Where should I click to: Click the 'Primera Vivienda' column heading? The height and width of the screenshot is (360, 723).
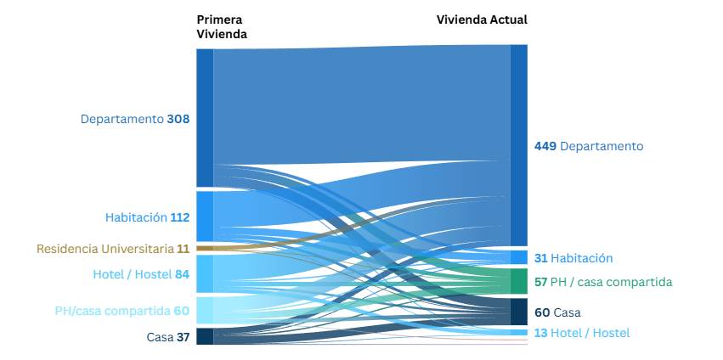coord(222,26)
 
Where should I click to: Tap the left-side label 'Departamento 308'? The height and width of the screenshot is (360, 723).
coord(135,119)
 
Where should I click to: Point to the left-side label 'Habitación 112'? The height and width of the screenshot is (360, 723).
coord(147,217)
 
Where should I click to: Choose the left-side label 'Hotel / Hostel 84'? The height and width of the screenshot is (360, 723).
coord(141,274)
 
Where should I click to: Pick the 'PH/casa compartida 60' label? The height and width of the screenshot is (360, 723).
coord(121,311)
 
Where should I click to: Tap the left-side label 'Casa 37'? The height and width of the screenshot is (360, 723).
coord(168,337)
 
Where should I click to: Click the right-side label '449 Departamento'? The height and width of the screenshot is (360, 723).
coord(589,146)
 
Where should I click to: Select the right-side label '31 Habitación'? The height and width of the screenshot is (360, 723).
coord(573,258)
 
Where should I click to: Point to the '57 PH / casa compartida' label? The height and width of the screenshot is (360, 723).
coord(603,282)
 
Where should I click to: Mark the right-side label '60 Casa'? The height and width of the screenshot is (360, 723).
coord(557,312)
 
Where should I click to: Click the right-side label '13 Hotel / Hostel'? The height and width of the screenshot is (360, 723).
coord(582,333)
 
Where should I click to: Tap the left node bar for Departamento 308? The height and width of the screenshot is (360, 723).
coord(205,118)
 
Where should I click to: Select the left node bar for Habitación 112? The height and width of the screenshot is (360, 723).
coord(205,217)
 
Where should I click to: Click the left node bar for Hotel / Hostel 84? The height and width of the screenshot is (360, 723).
coord(205,273)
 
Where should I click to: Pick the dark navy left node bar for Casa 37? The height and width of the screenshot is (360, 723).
coord(205,336)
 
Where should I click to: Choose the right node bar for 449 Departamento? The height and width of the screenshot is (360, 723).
coord(518,145)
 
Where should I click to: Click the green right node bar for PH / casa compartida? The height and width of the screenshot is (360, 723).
coord(518,281)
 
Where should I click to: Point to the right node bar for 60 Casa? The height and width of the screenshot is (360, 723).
coord(518,311)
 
